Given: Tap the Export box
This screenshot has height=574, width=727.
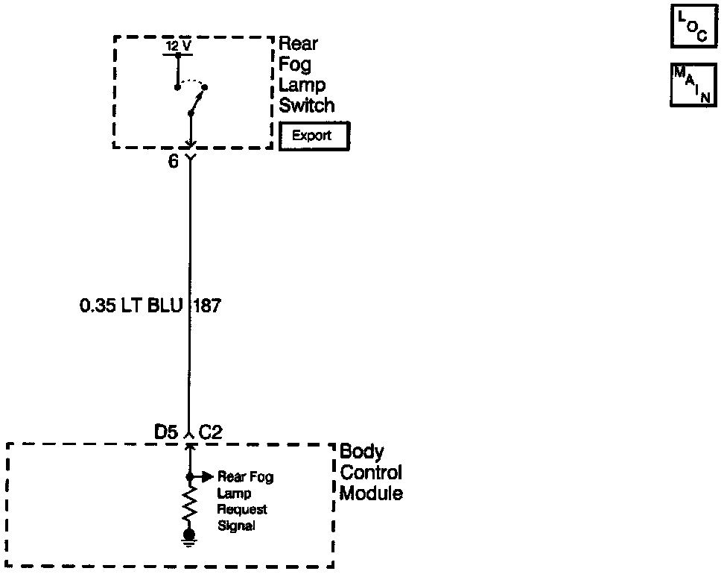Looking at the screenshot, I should coord(314,136).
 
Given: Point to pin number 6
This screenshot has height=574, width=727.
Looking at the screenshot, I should coord(174,162).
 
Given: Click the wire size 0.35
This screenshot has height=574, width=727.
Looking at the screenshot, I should coord(97,306).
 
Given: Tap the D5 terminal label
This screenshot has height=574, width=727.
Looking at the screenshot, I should coord(165,432).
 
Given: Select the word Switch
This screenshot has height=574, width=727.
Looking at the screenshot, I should coord(307,105).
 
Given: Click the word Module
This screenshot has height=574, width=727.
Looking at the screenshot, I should coord(371,493).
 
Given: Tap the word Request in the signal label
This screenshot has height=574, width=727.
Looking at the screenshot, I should coord(242,509).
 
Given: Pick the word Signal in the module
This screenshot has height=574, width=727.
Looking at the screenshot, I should coord(237,526).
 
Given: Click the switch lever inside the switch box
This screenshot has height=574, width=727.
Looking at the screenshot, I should coord(198,101).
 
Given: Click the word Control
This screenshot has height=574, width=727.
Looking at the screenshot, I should coord(370,473).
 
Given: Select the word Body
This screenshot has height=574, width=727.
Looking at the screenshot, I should coord(362,452).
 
